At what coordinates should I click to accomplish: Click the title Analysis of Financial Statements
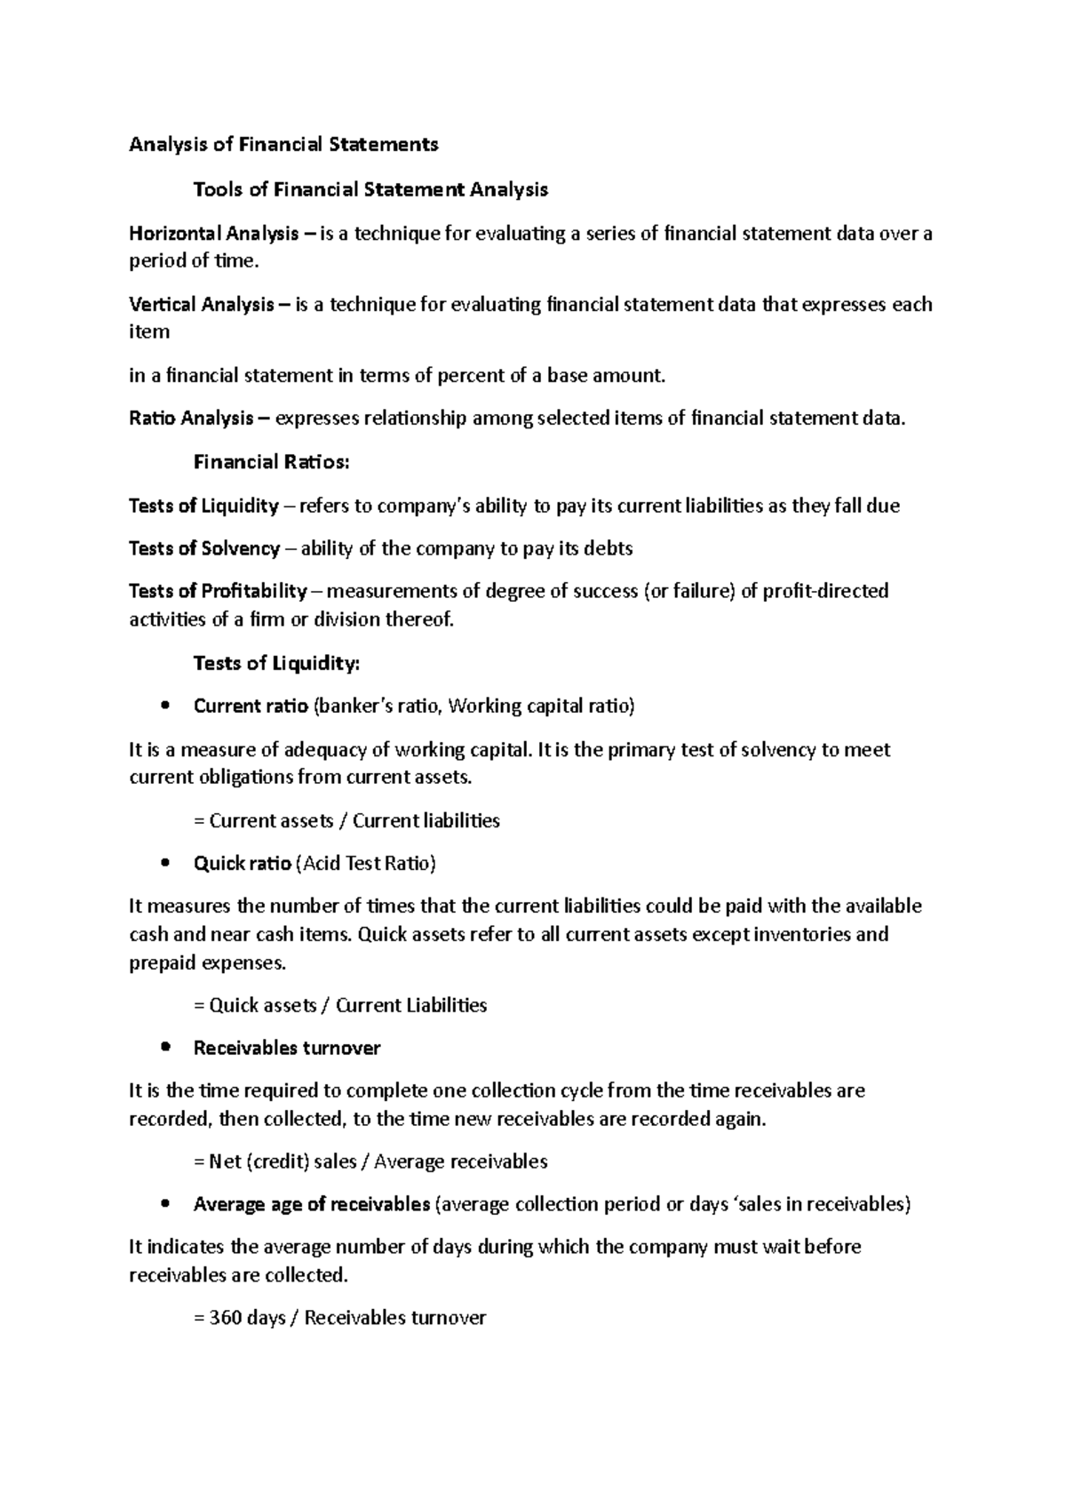tap(283, 144)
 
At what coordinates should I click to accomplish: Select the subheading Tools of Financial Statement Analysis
tap(370, 189)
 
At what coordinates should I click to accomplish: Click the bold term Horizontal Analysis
tap(214, 234)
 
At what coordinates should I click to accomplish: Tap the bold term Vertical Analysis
tap(202, 305)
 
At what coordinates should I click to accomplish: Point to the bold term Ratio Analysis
tap(191, 419)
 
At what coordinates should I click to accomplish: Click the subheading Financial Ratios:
tap(271, 462)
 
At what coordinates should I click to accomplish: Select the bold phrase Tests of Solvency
tap(204, 548)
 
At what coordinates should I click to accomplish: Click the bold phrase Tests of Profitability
tap(218, 591)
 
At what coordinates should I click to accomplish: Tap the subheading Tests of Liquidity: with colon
tap(276, 663)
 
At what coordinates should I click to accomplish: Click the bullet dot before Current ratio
tap(165, 707)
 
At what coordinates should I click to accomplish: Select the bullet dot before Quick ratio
tap(165, 864)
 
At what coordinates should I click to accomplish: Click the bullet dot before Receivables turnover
tap(165, 1049)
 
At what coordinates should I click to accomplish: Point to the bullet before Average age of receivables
tap(165, 1205)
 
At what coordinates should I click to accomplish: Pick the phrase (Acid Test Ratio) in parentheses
tap(365, 864)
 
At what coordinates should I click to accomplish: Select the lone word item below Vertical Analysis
tap(148, 332)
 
